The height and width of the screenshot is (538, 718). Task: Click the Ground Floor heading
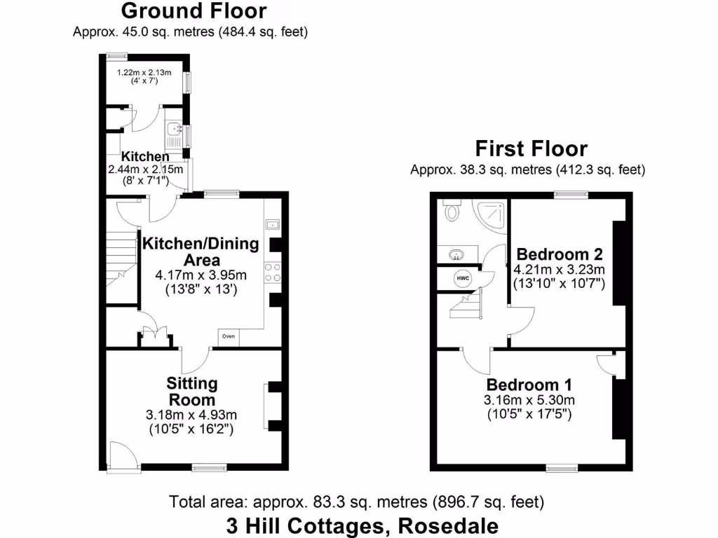194,11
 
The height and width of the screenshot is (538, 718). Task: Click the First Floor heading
531,149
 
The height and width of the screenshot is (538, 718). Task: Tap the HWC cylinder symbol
462,278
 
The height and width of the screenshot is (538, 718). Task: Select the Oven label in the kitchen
229,337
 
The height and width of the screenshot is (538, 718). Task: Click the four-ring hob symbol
273,273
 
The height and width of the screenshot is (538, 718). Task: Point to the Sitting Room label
191,392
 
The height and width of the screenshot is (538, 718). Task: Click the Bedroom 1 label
529,385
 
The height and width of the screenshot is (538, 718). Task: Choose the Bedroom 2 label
559,254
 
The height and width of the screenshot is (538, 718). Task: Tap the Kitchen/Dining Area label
201,251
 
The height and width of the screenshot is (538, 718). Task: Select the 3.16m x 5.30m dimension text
529,400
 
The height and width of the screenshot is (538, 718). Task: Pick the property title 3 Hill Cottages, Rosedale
363,525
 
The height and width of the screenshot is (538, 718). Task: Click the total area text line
357,502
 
